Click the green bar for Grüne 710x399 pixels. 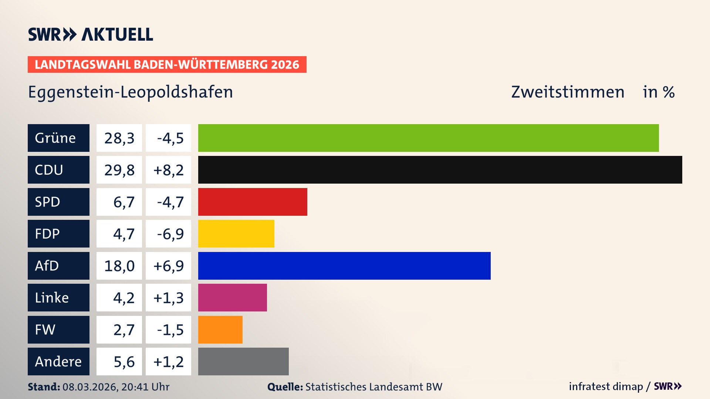428,138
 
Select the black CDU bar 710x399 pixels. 440,170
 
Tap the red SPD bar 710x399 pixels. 253,202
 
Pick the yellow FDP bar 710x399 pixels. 236,234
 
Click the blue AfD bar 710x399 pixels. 344,266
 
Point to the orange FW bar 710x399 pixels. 220,330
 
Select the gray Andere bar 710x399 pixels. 243,362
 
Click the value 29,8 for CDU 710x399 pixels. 119,170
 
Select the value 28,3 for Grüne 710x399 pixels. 119,138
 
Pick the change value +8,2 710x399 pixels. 168,170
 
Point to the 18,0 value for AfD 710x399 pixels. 119,266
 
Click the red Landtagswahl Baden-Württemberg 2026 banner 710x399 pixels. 167,65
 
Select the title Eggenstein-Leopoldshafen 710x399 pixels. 131,92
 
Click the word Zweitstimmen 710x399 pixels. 568,92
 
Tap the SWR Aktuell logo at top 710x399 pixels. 91,34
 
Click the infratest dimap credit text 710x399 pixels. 606,387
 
